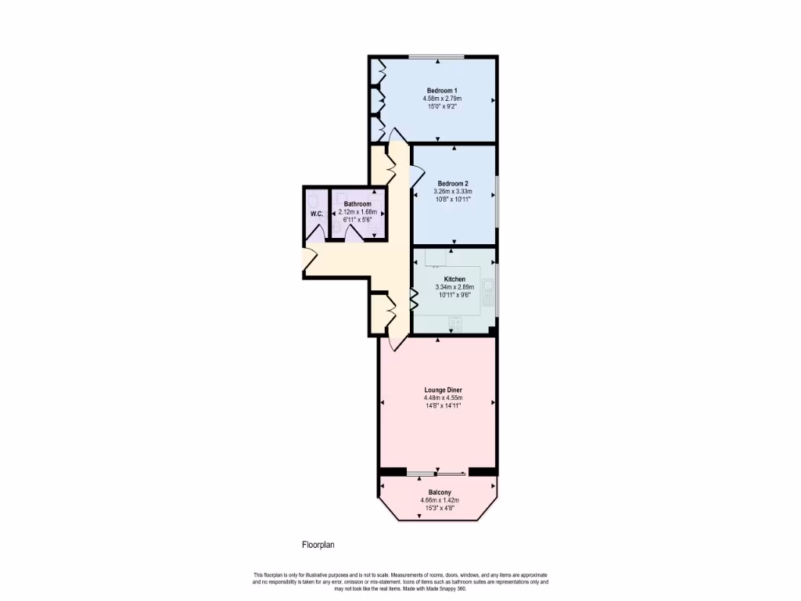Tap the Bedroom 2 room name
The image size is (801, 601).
(x=453, y=184)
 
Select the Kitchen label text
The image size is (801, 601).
(x=454, y=279)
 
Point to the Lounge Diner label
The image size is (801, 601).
(x=437, y=390)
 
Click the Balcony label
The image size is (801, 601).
(x=439, y=492)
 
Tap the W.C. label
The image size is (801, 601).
(x=317, y=214)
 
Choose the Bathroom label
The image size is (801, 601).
(x=357, y=203)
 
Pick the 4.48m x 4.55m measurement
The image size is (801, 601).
(x=437, y=398)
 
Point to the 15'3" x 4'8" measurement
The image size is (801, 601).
(x=439, y=508)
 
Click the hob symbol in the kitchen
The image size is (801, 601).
(x=454, y=322)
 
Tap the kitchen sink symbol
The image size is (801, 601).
(x=488, y=290)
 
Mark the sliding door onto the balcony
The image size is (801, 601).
(x=437, y=473)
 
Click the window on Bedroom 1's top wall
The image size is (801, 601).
(x=436, y=56)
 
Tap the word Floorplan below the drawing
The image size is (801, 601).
(x=318, y=545)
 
